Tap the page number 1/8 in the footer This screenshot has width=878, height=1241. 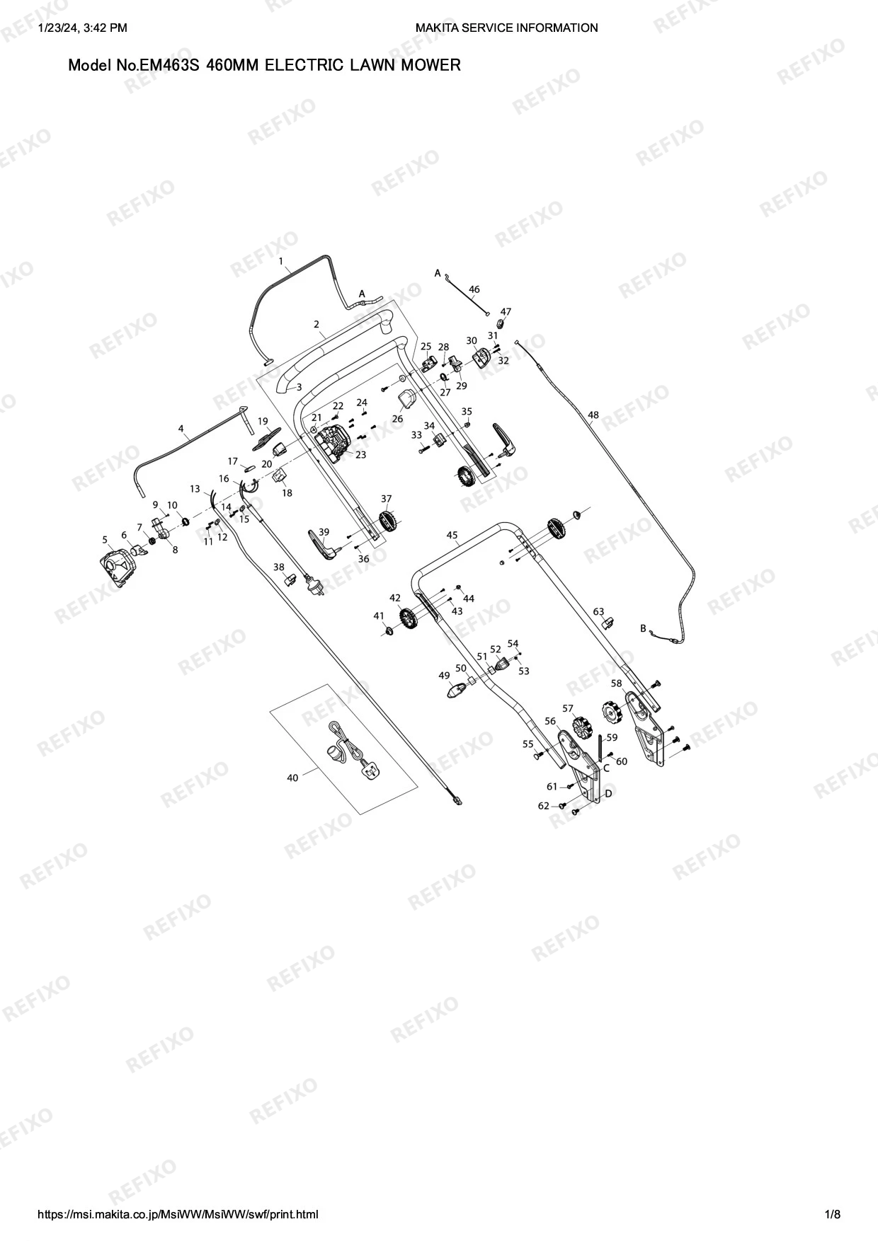[833, 1215]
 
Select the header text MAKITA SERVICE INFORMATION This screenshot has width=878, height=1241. [506, 28]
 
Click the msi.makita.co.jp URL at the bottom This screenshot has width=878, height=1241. [178, 1215]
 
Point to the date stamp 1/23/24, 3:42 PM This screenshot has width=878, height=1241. [81, 28]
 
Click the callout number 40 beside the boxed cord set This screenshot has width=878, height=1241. [292, 778]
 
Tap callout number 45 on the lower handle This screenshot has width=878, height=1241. [452, 535]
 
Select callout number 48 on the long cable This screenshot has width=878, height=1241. [593, 415]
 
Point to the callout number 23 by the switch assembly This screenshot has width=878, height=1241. [361, 455]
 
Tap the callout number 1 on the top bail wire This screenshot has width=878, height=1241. [281, 261]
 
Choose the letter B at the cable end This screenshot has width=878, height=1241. [643, 628]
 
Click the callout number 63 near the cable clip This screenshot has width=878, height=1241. [599, 611]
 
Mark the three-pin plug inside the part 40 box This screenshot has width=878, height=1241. [372, 770]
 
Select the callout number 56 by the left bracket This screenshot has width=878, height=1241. [550, 721]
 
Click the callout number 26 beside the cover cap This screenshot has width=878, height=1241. [398, 419]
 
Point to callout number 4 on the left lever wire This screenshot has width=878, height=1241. [181, 428]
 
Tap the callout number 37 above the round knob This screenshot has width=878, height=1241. [387, 499]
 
